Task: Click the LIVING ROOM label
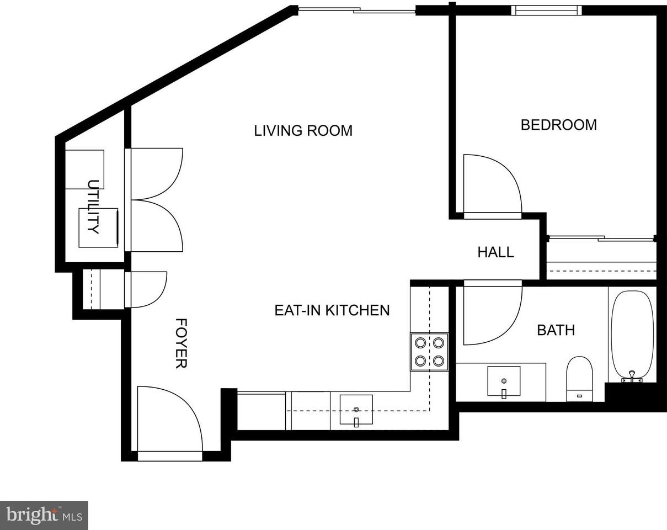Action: click(303, 131)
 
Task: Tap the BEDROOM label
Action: click(558, 125)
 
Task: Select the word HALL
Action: click(495, 252)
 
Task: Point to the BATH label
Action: click(556, 330)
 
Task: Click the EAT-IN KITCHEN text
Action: click(332, 310)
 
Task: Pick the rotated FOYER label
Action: click(181, 343)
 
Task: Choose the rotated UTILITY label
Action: click(93, 206)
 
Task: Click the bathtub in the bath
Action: click(632, 334)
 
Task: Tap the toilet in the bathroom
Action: click(579, 378)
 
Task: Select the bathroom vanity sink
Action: click(503, 381)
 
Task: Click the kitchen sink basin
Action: click(356, 410)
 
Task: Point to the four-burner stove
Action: click(429, 352)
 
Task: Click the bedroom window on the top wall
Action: click(546, 10)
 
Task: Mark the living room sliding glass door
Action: click(356, 10)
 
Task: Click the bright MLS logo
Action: click(44, 515)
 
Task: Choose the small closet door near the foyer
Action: click(146, 289)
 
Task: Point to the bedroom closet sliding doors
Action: click(601, 239)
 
